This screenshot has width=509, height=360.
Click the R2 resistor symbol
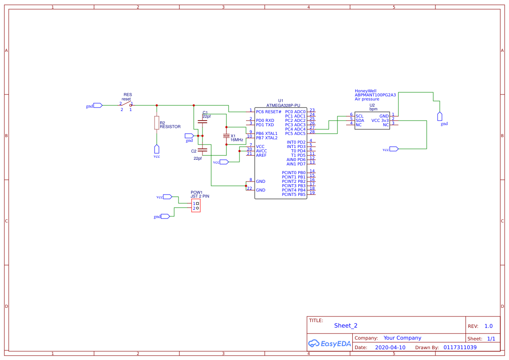(156, 123)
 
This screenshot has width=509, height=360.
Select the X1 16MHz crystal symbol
(226, 136)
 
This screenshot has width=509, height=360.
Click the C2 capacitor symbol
(202, 151)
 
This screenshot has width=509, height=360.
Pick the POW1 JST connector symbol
(196, 206)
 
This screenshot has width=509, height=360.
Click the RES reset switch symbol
(126, 104)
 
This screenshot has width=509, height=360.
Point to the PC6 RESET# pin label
(269, 112)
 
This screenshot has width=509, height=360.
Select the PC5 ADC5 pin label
(295, 134)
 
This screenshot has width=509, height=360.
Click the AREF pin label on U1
(261, 155)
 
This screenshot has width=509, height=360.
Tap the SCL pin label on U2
(359, 116)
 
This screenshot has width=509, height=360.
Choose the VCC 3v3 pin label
(380, 121)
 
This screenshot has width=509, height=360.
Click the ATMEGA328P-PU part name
(283, 105)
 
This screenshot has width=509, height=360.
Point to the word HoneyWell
(365, 91)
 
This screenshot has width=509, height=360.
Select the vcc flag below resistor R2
(157, 149)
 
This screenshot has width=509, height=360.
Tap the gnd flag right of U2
(440, 116)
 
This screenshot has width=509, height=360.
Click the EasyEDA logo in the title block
(329, 343)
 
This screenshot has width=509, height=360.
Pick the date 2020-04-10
(390, 348)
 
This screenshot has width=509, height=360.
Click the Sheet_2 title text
(346, 326)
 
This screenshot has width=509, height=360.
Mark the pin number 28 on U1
(312, 132)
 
